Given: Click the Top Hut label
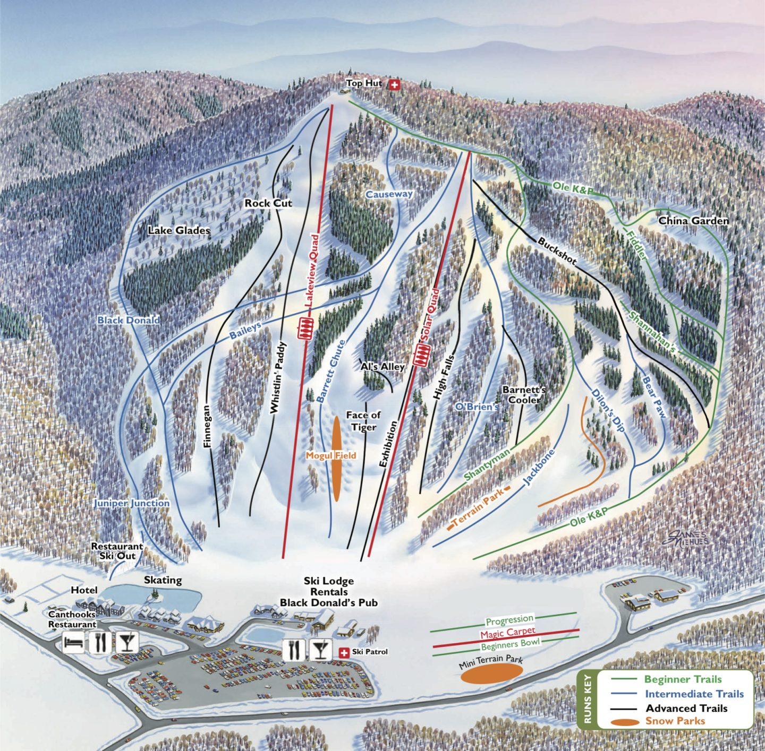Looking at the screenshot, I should [363, 83].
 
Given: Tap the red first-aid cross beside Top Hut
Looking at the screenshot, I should [394, 84].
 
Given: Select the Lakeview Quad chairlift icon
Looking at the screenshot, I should [305, 329].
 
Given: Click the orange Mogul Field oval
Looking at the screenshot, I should [336, 459].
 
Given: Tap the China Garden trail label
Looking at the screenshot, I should [693, 221].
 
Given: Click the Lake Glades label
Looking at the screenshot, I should [179, 230].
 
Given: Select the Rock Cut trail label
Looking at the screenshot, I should [268, 203].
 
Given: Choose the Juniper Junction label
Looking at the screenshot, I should [132, 503].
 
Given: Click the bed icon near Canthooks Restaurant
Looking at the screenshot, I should [73, 643].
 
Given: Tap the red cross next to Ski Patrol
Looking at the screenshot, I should [344, 652].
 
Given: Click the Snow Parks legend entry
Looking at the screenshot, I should [675, 721].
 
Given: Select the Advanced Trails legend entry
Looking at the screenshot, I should [686, 708].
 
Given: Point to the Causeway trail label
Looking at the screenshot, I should [389, 194].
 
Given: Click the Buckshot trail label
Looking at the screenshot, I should [557, 251].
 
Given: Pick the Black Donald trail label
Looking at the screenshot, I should [129, 320].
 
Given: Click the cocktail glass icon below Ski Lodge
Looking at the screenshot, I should [320, 650].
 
